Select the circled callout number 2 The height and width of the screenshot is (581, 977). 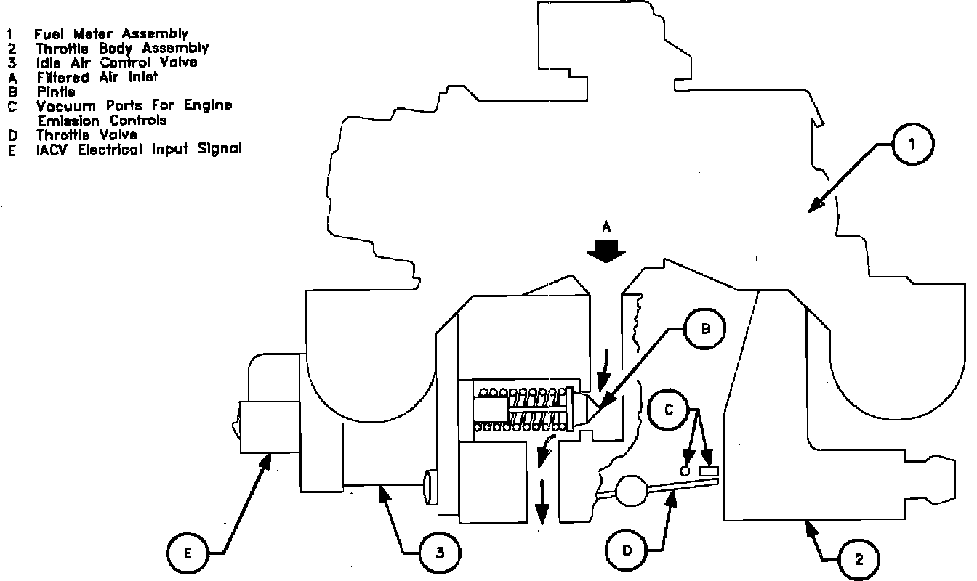859,558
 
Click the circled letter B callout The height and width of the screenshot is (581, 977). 704,330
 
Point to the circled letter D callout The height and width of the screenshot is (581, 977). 627,550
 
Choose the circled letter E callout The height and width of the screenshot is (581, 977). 188,554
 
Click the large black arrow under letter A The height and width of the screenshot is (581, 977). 606,251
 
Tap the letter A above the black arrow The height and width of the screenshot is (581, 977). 606,227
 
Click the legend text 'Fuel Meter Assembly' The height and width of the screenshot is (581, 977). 110,33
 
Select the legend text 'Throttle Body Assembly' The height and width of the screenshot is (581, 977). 122,48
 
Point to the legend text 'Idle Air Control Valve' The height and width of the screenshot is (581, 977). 116,62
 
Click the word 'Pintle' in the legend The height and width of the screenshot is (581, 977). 56,92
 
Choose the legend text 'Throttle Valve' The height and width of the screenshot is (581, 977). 87,134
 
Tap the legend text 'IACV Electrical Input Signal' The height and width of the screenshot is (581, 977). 139,149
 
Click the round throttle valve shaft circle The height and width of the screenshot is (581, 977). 631,490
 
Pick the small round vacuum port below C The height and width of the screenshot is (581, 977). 685,471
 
